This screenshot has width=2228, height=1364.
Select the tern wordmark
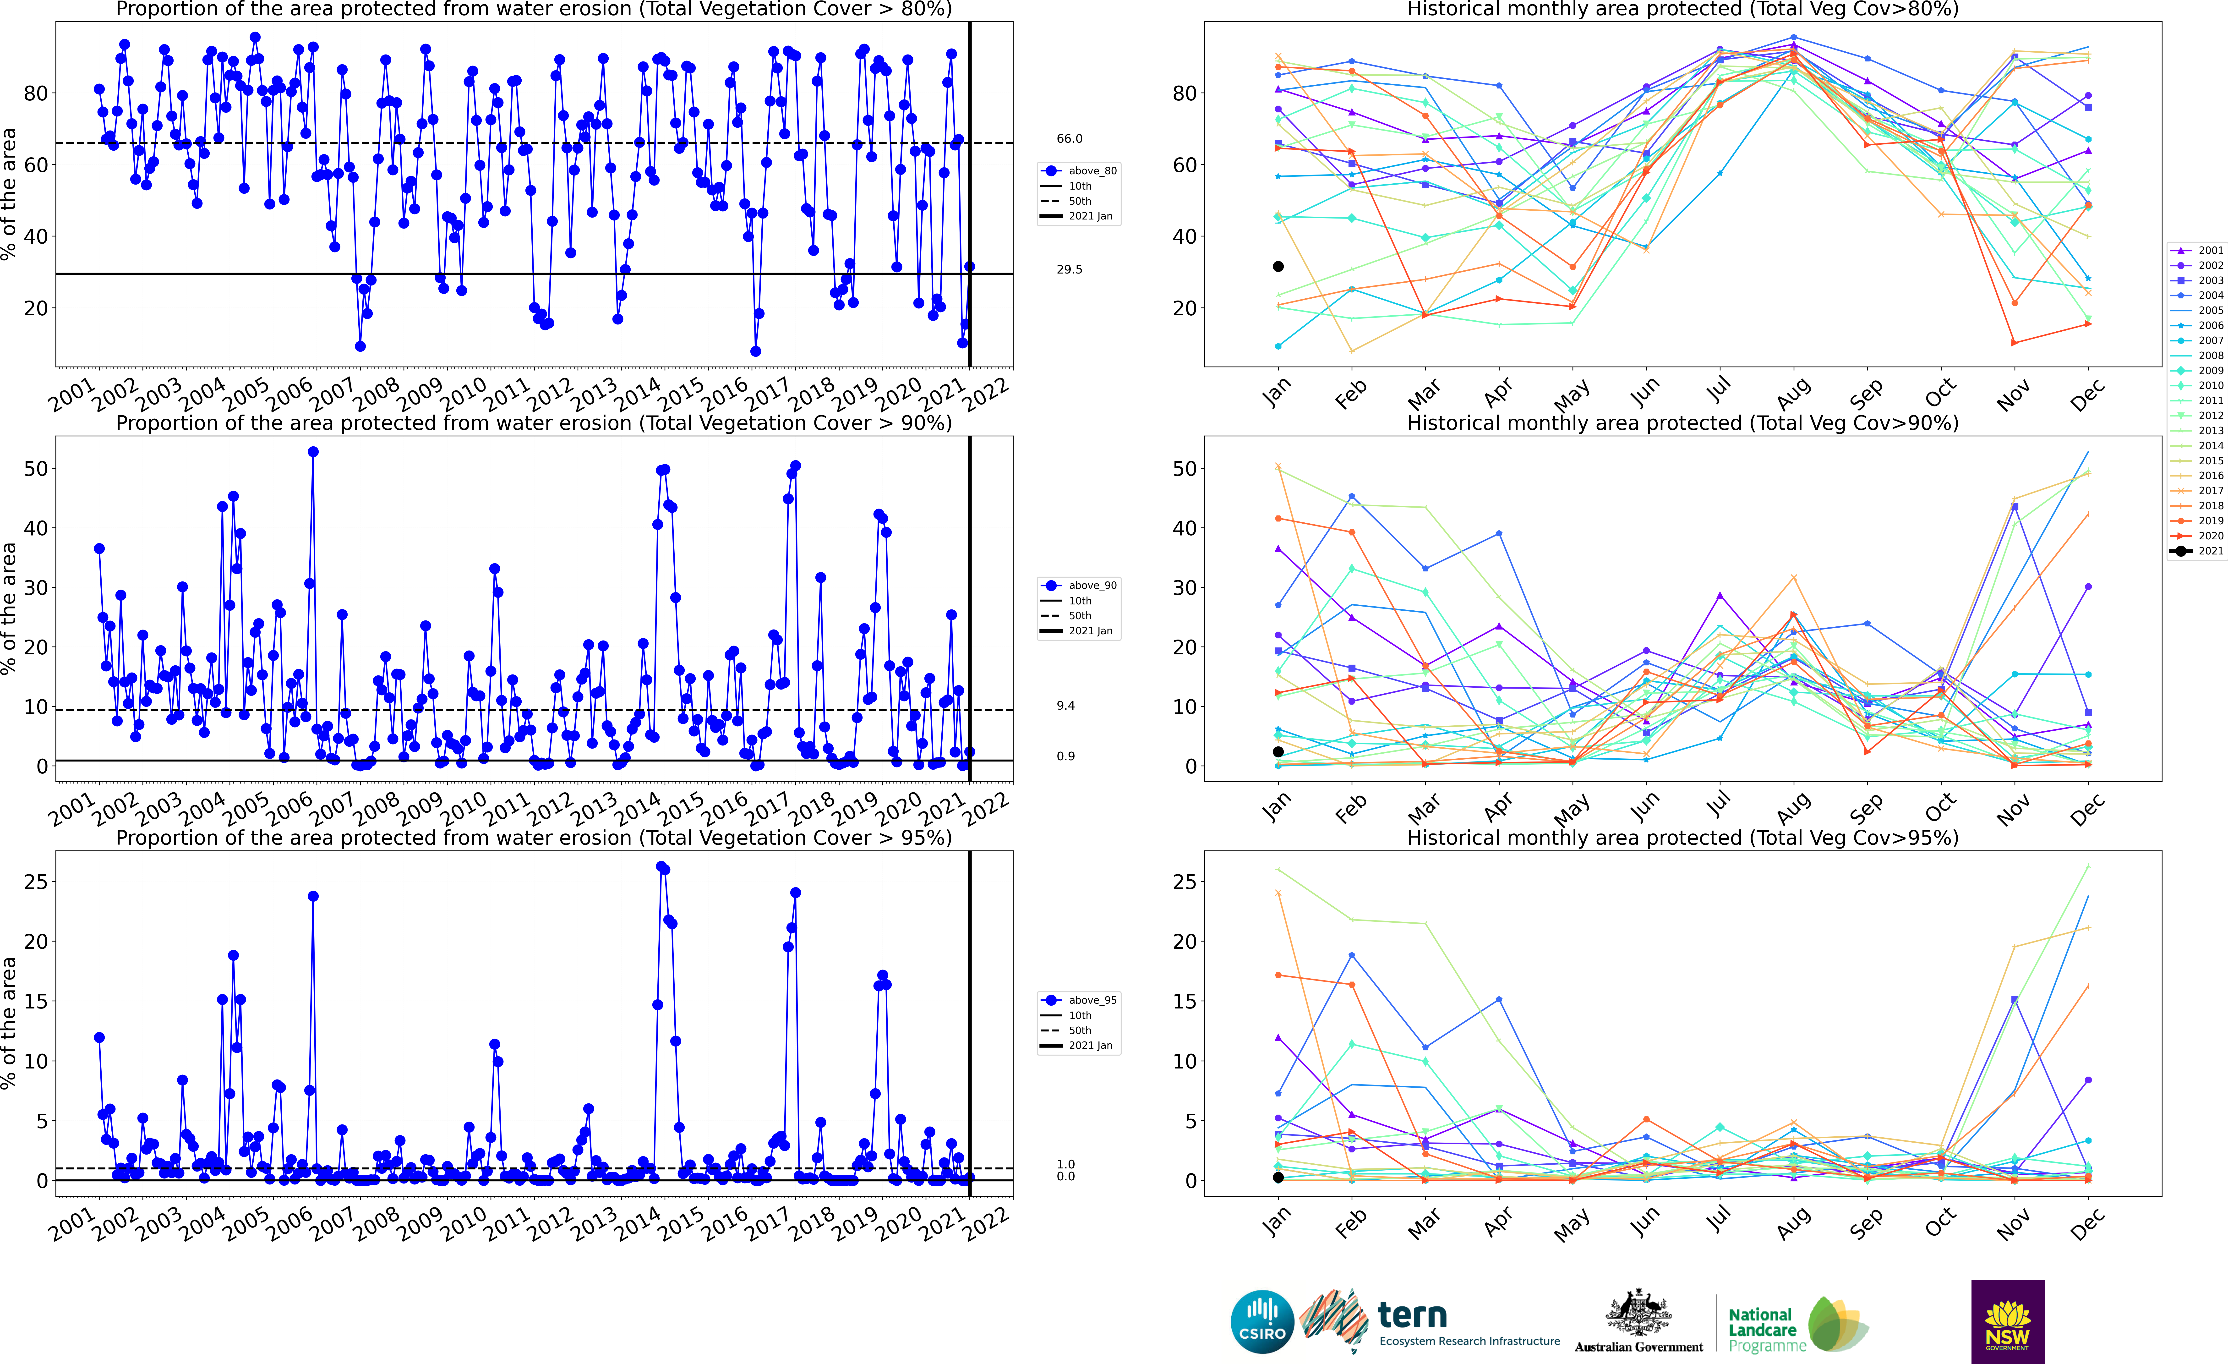[1412, 1314]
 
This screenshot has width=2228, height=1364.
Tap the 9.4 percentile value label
[1066, 706]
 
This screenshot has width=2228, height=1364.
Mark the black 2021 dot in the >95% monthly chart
[1278, 1178]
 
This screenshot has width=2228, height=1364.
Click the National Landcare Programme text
[1761, 1330]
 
